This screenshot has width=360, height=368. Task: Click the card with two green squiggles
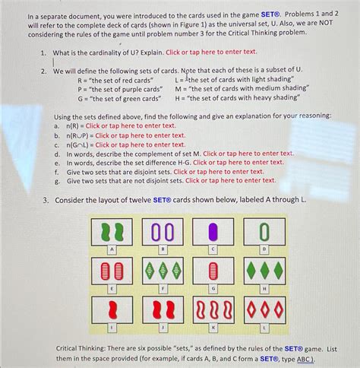111,231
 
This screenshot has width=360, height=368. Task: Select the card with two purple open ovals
163,231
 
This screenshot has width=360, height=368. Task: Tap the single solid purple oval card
213,231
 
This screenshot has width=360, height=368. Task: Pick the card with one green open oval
264,231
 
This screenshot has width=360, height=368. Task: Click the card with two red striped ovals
111,271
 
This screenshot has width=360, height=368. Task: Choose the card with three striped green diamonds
163,271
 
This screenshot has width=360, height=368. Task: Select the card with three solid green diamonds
264,271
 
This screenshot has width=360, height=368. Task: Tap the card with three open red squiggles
213,310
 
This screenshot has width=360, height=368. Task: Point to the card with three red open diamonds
264,310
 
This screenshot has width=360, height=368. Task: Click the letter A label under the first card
111,249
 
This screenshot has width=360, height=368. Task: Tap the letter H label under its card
264,289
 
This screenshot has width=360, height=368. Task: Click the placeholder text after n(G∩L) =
140,144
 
